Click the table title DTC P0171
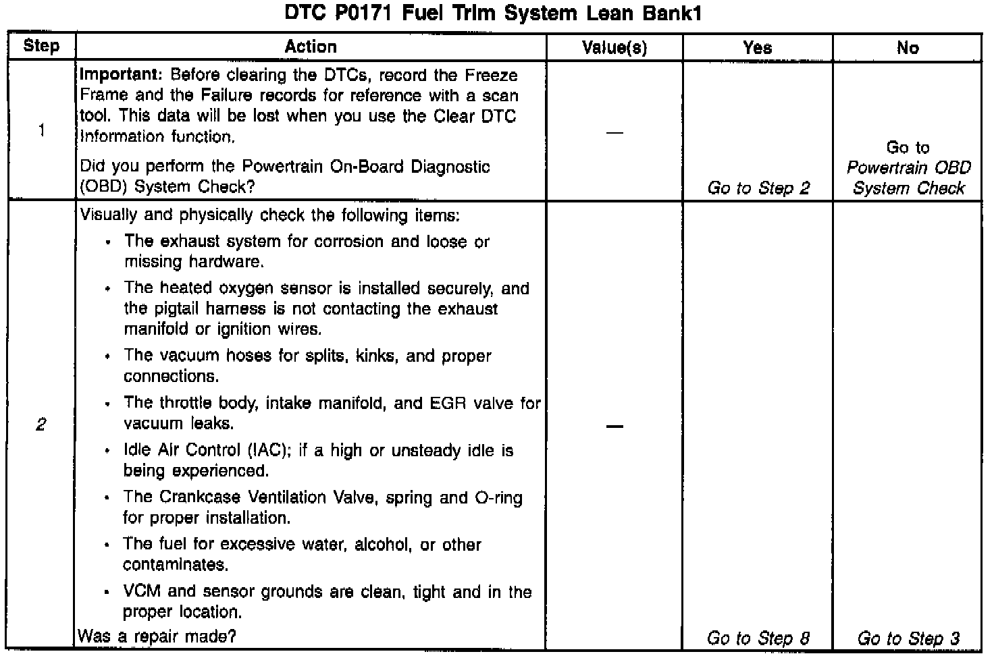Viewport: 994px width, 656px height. pyautogui.click(x=492, y=13)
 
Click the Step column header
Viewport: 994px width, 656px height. pyautogui.click(x=41, y=47)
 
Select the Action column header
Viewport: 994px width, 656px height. pyautogui.click(x=311, y=47)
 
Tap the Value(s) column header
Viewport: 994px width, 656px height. pyautogui.click(x=614, y=48)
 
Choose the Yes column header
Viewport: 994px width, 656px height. pyautogui.click(x=758, y=48)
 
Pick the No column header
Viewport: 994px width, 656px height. pyautogui.click(x=908, y=48)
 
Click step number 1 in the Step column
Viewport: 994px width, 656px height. pyautogui.click(x=42, y=130)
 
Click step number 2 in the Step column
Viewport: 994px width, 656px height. pyautogui.click(x=41, y=425)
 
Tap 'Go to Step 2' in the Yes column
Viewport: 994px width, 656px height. pyautogui.click(x=758, y=188)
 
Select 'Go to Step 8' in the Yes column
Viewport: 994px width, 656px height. pyautogui.click(x=758, y=638)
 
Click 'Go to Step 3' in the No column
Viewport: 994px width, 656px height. pyautogui.click(x=908, y=638)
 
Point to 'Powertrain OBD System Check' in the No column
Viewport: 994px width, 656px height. pyautogui.click(x=908, y=177)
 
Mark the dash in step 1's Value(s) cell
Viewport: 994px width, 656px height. pyautogui.click(x=614, y=133)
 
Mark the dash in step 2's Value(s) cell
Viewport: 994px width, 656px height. pyautogui.click(x=614, y=427)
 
